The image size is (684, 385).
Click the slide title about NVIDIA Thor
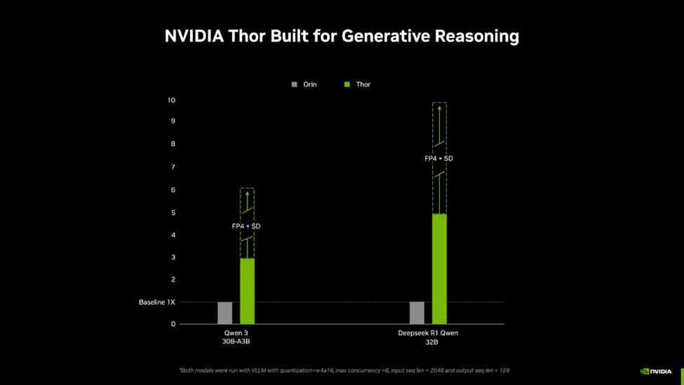(342, 36)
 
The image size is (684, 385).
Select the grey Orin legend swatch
(295, 84)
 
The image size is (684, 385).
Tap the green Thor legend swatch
(347, 84)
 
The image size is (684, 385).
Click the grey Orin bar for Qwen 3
(224, 313)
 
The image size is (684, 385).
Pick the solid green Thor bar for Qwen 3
(247, 291)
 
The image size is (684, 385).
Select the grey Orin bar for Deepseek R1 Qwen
(417, 313)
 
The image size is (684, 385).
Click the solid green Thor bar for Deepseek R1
(439, 269)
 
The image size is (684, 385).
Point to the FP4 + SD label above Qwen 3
(246, 227)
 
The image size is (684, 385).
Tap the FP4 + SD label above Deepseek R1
(438, 158)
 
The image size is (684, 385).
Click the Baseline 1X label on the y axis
(156, 302)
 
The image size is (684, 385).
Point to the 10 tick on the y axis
(171, 100)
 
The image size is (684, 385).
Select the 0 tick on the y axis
(173, 324)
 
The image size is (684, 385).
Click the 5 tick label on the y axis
(173, 212)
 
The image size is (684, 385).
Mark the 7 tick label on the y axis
(173, 167)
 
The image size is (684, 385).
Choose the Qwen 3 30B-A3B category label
(237, 337)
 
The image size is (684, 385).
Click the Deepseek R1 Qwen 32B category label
(428, 337)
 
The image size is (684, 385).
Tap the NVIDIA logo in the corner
(656, 371)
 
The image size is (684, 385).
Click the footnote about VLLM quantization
(344, 370)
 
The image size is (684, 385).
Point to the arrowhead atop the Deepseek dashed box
(439, 108)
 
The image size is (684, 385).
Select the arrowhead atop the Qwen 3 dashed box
(247, 194)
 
